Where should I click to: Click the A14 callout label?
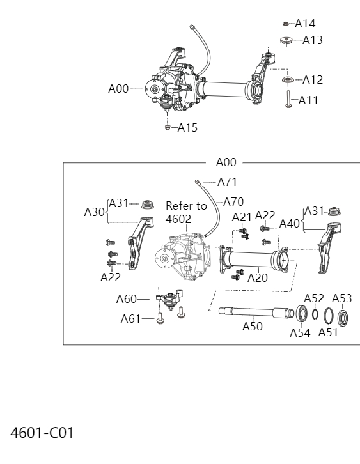point(305,24)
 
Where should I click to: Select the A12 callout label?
point(312,80)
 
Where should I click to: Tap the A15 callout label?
point(187,128)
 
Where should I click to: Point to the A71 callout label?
point(227,182)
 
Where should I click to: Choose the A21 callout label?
point(242,217)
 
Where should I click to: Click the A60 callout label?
point(127,298)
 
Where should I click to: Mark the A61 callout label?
point(130,319)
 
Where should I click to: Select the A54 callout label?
point(300,332)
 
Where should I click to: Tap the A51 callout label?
point(328,332)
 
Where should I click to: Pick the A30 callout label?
point(95,212)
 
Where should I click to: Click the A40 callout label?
point(290,224)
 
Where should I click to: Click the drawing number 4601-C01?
point(42,433)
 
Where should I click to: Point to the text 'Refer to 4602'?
point(186,212)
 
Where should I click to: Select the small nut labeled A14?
point(285,24)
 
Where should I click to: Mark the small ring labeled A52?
point(315,314)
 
